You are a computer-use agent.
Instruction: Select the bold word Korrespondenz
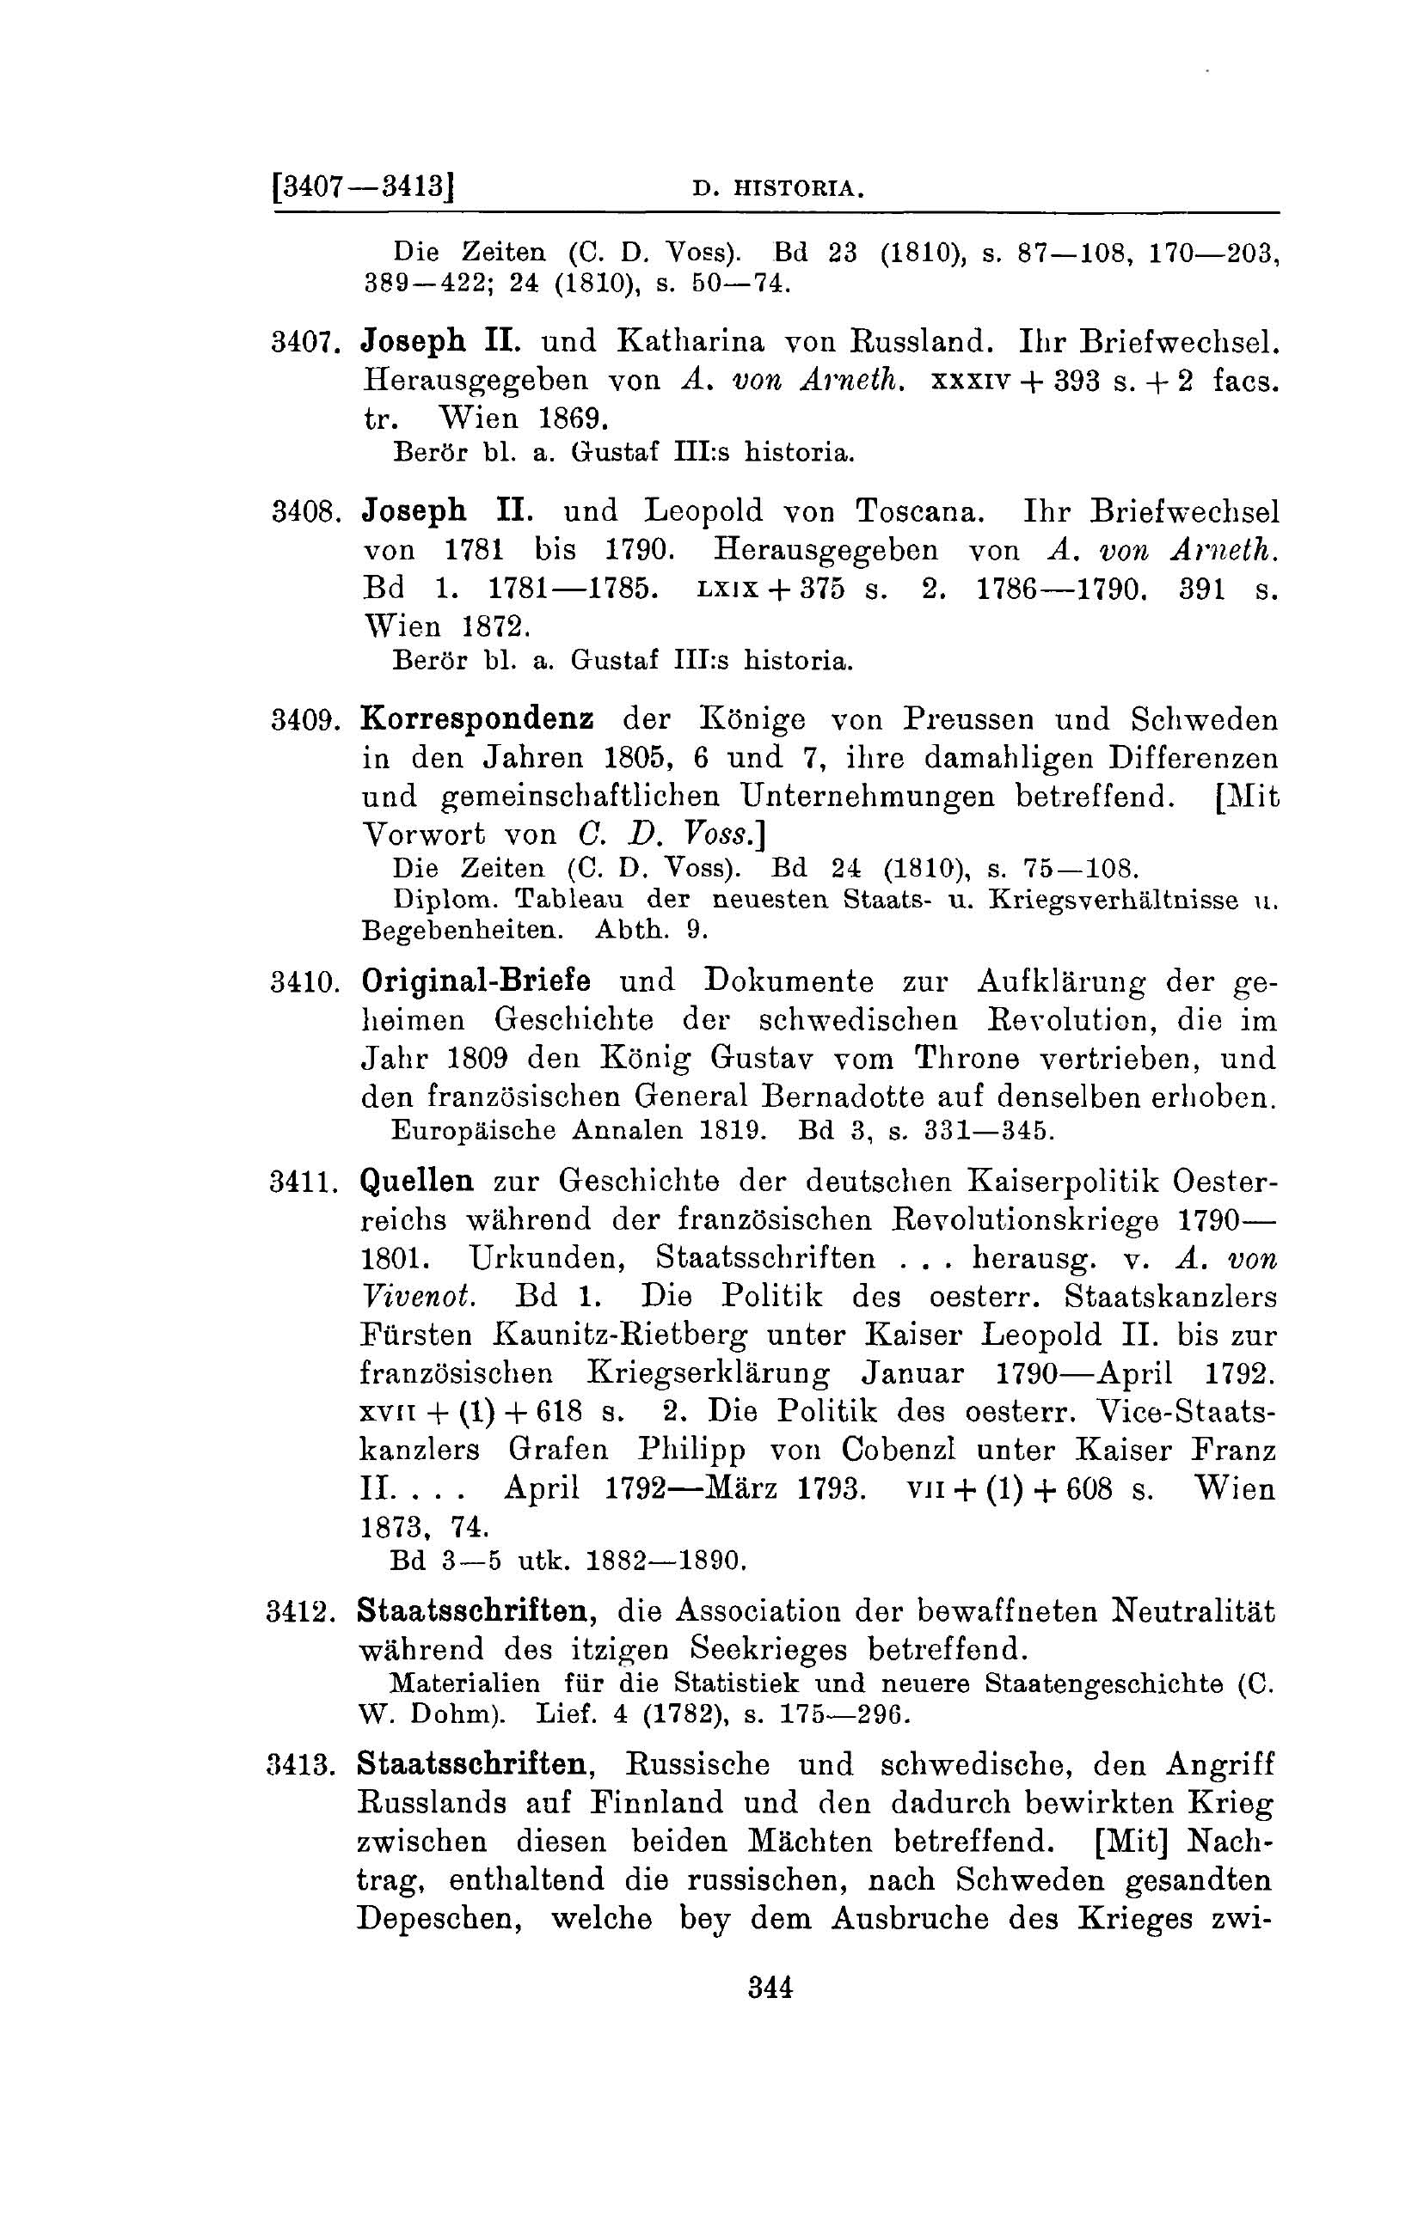(x=478, y=719)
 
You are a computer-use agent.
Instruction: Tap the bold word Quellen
(x=417, y=1182)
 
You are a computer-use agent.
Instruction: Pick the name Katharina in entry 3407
(x=691, y=342)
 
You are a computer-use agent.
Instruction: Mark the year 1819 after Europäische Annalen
(x=731, y=1131)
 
